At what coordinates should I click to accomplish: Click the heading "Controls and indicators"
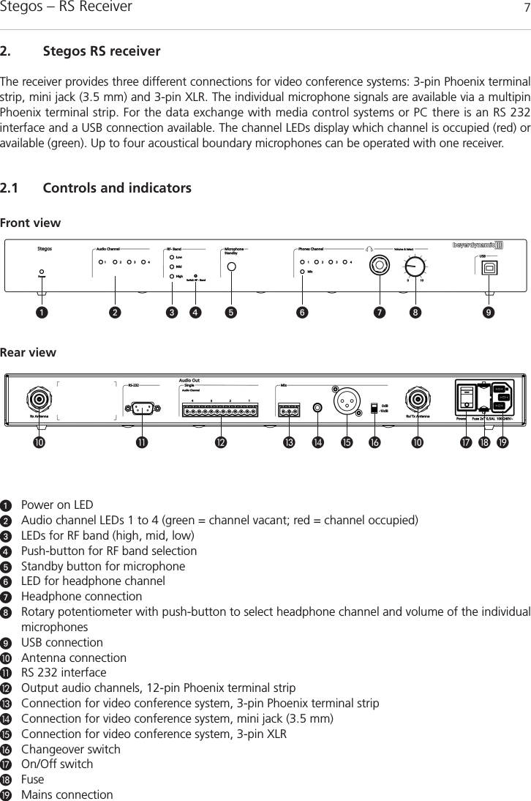[117, 189]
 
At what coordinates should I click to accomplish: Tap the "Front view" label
[31, 223]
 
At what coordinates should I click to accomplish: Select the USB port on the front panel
[487, 268]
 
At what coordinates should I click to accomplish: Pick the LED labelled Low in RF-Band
[170, 257]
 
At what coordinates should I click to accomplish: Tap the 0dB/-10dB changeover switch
[374, 406]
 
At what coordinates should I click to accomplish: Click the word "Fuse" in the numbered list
[32, 779]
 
